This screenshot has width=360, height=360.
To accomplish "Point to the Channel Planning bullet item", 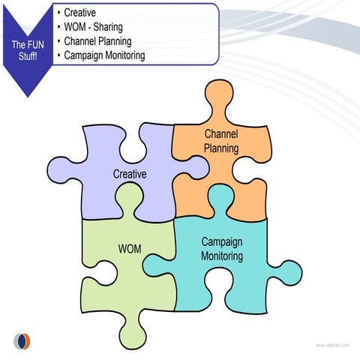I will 97,41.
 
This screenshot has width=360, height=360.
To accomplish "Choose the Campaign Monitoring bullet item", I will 104,55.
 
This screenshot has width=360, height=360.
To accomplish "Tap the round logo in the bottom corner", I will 23,341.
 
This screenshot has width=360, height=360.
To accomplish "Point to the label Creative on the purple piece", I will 129,174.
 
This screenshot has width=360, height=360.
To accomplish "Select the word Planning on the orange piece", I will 221,148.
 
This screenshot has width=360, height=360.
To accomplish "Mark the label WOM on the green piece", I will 129,248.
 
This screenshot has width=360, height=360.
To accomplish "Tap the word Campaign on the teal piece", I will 222,242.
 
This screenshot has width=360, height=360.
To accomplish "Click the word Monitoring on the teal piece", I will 222,256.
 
